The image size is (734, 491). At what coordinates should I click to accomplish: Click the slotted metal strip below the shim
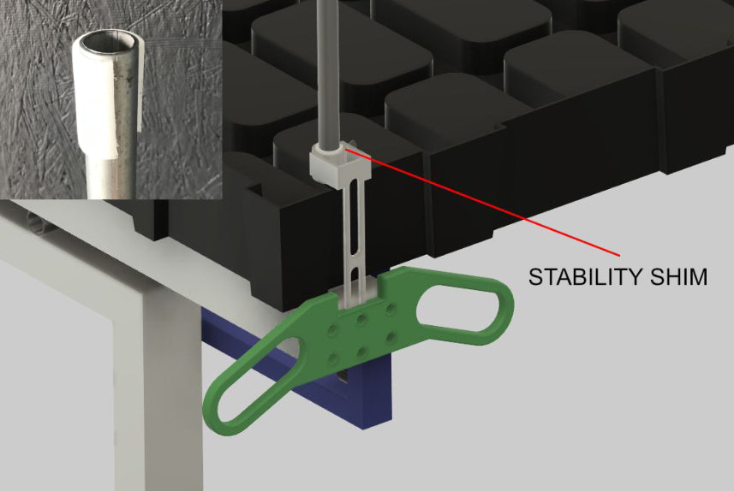click(352, 240)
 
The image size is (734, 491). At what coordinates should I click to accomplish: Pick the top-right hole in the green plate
click(391, 307)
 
